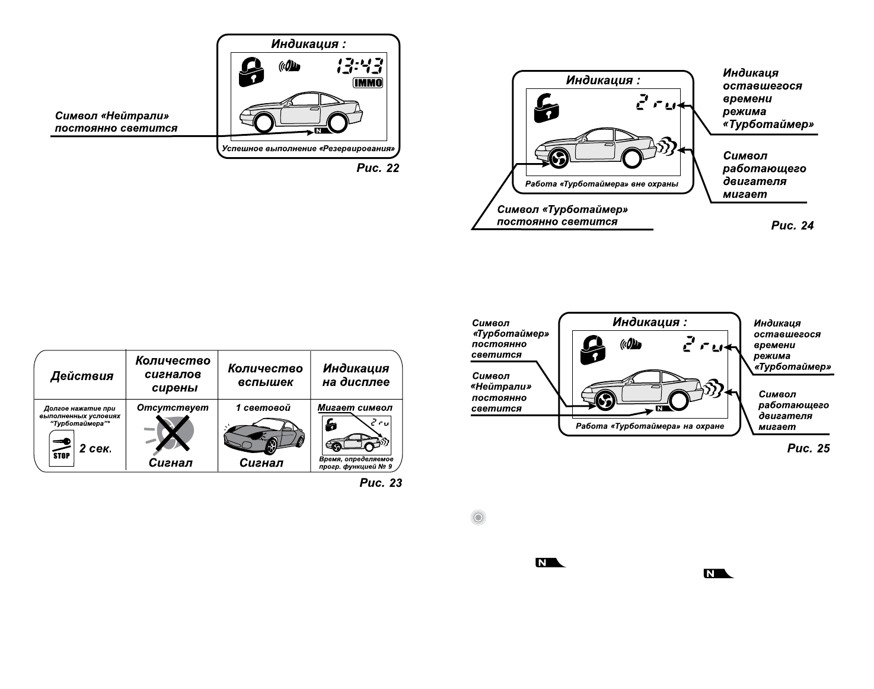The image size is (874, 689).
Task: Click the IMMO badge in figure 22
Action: click(x=368, y=82)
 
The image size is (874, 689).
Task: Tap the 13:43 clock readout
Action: click(x=360, y=66)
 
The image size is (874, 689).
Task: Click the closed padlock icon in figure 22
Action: click(x=251, y=71)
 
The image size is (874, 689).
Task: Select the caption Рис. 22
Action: click(x=378, y=168)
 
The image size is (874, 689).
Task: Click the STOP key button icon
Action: click(x=62, y=448)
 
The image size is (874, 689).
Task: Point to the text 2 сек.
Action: click(x=95, y=448)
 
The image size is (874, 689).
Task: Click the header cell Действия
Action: click(x=82, y=376)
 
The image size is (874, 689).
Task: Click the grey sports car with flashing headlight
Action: click(x=263, y=438)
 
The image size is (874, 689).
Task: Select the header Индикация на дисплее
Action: click(x=356, y=375)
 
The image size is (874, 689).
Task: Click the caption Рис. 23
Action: click(x=381, y=483)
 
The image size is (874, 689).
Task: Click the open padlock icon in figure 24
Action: click(x=546, y=109)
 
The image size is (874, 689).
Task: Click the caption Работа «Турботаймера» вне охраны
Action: click(x=602, y=184)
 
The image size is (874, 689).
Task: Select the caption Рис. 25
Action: click(x=808, y=448)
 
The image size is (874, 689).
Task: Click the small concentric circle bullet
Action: click(x=478, y=518)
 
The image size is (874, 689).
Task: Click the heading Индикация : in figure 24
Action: click(x=602, y=81)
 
